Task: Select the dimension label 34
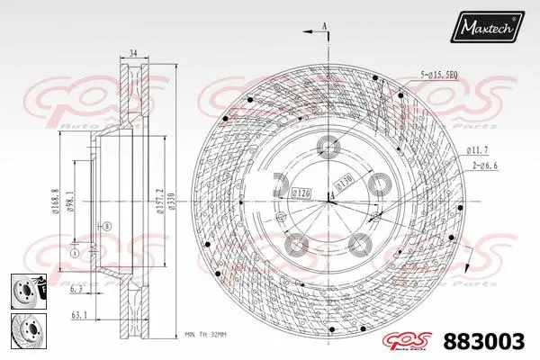[133, 54]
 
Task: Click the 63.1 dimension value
[79, 316]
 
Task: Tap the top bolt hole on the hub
[328, 145]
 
